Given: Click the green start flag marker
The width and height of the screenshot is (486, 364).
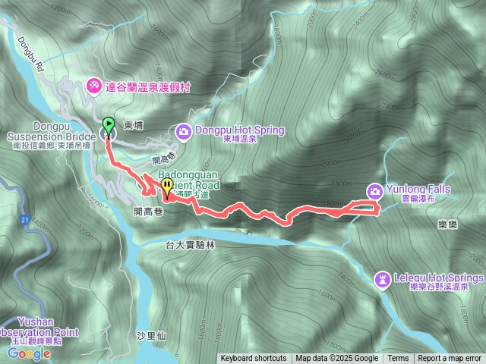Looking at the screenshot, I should [108, 125].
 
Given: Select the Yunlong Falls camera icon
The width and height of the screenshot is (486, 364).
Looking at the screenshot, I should [375, 190].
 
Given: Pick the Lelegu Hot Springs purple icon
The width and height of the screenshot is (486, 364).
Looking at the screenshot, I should [383, 279].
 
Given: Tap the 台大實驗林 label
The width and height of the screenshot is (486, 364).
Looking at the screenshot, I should [191, 246].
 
